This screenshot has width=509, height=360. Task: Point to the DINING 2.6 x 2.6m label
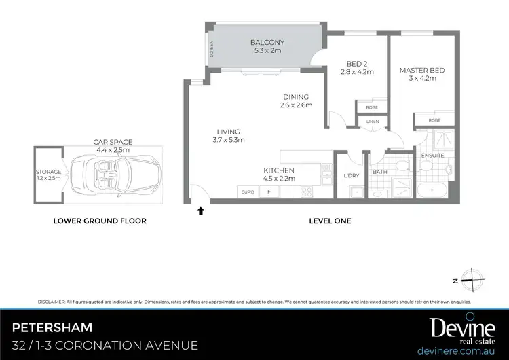(x=295, y=101)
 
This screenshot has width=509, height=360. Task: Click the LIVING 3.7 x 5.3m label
(x=229, y=136)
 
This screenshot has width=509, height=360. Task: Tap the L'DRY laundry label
(x=352, y=177)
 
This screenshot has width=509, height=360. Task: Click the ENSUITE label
(x=432, y=156)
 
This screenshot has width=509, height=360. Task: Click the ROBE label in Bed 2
(x=372, y=107)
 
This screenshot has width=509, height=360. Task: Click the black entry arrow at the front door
(x=200, y=211)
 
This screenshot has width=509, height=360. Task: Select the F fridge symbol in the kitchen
(x=269, y=192)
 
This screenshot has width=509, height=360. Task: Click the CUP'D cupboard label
(x=247, y=192)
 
